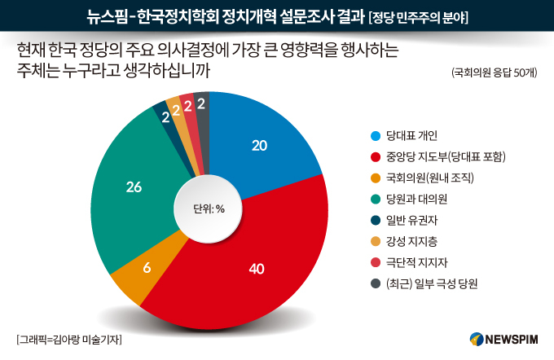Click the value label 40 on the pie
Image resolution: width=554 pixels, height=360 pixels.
click(x=257, y=270)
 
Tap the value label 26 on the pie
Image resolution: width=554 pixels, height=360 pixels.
click(x=134, y=187)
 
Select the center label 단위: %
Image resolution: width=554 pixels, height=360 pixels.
click(x=209, y=209)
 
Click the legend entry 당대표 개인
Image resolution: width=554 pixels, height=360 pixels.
click(x=404, y=136)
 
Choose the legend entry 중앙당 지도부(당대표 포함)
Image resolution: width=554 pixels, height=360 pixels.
click(x=437, y=157)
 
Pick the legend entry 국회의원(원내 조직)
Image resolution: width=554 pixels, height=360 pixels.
click(x=422, y=178)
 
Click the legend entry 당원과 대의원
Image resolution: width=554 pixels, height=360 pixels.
click(x=409, y=200)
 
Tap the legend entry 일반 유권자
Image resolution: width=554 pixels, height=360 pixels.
click(x=404, y=221)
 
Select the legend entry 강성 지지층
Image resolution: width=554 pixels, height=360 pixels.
click(x=404, y=242)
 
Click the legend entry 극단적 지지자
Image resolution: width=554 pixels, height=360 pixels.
click(x=409, y=262)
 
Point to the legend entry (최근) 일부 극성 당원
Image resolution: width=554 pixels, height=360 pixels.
click(x=424, y=283)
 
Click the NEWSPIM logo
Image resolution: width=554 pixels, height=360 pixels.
click(x=503, y=339)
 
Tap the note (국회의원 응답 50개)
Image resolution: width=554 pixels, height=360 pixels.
click(x=494, y=72)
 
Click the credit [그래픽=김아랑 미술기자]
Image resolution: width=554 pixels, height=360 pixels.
click(x=69, y=340)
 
